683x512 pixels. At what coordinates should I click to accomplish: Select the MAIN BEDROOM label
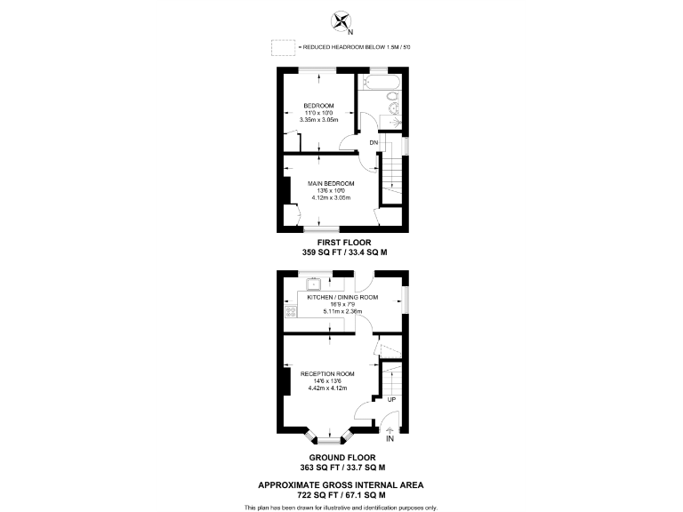coord(331,184)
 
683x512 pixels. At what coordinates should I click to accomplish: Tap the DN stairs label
coord(374,141)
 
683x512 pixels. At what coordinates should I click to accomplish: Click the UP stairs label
coord(391,399)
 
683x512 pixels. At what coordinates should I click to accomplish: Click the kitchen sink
coord(314,285)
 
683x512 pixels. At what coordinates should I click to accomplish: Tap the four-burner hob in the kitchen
coord(290,311)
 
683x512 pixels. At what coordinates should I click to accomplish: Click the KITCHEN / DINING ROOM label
coord(342,298)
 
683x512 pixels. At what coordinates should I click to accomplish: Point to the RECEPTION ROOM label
coord(327,373)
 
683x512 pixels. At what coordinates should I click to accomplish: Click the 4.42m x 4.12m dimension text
coord(327,388)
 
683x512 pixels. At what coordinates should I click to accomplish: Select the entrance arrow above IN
coord(390,429)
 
